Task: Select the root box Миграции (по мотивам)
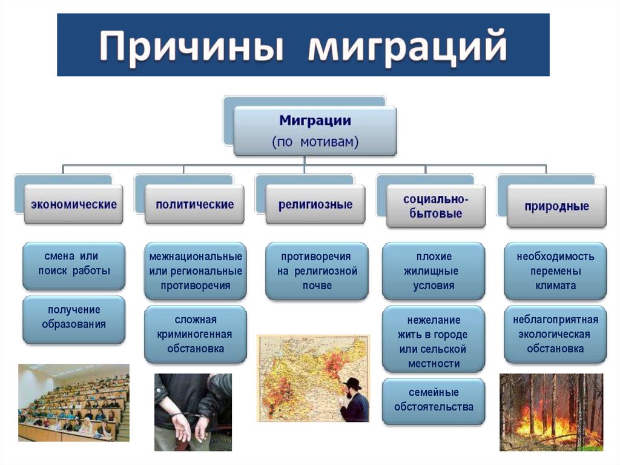pos(315,131)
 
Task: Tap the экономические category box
pos(73,205)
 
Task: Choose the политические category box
pos(194,205)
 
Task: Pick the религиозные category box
pos(315,205)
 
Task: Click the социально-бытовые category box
pos(436,207)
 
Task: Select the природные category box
pos(556,206)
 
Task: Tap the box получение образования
pos(74,317)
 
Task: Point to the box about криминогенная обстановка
pos(196,333)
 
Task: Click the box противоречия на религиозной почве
pos(317,270)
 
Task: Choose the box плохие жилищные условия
pos(434,271)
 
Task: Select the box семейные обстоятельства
pos(434,400)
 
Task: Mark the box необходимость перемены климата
pos(555,271)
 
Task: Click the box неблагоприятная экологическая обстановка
pos(555,334)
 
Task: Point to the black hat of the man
pos(352,384)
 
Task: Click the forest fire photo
pos(551,412)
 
